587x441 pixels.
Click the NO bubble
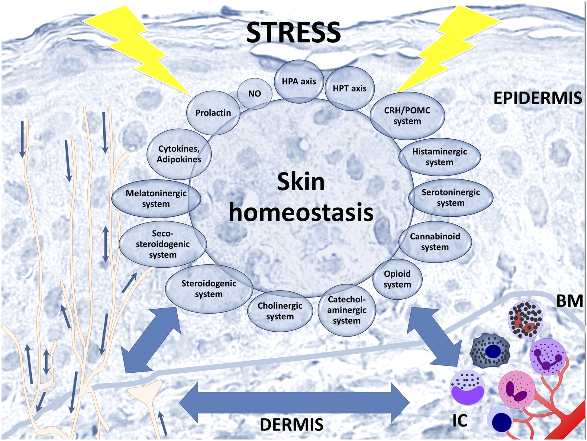254,94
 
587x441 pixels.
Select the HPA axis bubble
299,81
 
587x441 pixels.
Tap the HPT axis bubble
350,88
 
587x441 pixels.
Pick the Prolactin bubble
213,113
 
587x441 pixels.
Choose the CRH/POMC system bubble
407,116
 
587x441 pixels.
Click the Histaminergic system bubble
439,157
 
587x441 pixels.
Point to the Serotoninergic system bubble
450,198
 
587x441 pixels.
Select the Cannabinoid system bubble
435,242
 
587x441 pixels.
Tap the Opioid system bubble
397,279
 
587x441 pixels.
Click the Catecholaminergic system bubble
347,310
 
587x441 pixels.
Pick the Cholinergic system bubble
280,311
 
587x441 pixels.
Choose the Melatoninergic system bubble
156,198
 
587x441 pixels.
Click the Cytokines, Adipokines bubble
179,154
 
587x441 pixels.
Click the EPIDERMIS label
537,98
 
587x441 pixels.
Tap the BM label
569,301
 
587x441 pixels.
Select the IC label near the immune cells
460,420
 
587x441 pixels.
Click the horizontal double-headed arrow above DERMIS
294,403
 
